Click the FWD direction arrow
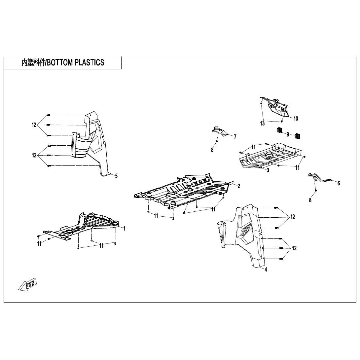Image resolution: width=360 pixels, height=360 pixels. [x=28, y=284]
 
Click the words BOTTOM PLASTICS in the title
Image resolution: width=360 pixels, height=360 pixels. [x=76, y=63]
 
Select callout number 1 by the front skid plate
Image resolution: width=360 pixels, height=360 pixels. [x=124, y=228]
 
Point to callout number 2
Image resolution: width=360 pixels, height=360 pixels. [x=238, y=186]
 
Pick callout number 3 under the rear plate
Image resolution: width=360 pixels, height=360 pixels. [x=268, y=170]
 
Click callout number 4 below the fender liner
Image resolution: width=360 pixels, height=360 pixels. [x=266, y=270]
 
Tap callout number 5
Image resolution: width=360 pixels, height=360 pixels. [x=116, y=176]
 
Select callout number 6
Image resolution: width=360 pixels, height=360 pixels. [x=339, y=183]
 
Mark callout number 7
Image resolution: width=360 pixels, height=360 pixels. [x=235, y=136]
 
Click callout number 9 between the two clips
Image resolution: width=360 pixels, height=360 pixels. [x=288, y=134]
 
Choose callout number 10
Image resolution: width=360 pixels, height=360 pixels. [x=296, y=119]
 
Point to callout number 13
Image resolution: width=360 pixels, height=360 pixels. [x=262, y=124]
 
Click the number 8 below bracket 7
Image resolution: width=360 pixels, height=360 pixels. [x=212, y=150]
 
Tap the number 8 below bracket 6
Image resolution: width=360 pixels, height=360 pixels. [x=310, y=200]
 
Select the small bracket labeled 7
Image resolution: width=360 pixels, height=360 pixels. [x=219, y=131]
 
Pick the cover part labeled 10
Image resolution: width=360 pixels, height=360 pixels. [x=277, y=107]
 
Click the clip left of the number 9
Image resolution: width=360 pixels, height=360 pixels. [x=280, y=130]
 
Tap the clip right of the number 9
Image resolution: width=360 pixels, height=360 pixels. [x=297, y=136]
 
